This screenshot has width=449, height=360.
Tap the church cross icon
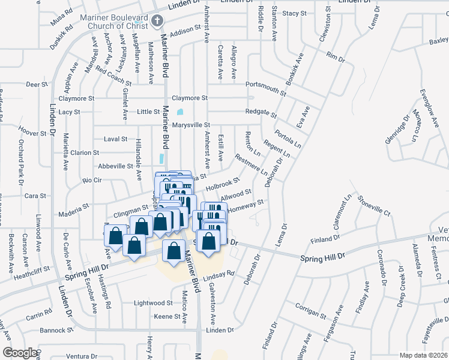tap(157, 22)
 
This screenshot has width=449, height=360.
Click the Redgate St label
tap(261, 113)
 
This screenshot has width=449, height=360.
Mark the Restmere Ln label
tap(252, 166)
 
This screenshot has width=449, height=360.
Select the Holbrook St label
tap(223, 184)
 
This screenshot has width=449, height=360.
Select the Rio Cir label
tap(93, 180)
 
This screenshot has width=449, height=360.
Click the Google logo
tap(20, 352)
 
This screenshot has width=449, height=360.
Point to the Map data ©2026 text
tap(423, 355)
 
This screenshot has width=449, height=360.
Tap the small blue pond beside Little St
tap(180, 111)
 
